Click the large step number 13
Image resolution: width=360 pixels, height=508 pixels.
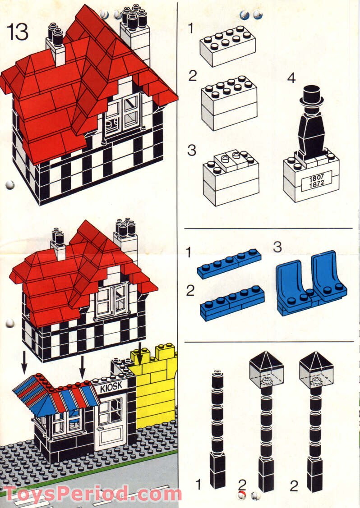[x=18, y=32]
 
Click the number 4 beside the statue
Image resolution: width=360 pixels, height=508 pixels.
[x=291, y=78]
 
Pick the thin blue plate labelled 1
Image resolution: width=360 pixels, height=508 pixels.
[x=229, y=264]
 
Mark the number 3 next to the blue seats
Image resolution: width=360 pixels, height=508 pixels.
[x=278, y=247]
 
